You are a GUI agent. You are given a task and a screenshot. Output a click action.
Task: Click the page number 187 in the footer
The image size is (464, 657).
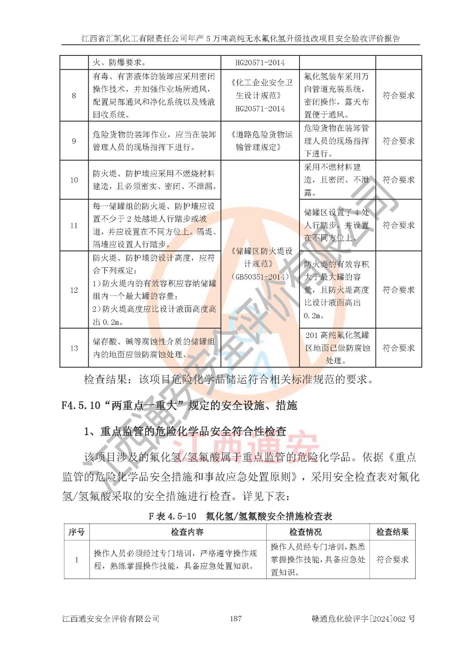point(235,618)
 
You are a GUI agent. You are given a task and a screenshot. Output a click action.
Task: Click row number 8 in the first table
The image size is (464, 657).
point(74,96)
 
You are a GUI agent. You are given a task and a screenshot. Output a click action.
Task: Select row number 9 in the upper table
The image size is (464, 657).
point(74,141)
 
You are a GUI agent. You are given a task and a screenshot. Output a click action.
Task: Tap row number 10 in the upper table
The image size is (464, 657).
point(74,180)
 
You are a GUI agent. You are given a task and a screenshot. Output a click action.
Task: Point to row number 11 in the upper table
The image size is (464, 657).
point(74,225)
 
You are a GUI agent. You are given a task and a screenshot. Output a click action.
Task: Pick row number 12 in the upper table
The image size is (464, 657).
point(74,290)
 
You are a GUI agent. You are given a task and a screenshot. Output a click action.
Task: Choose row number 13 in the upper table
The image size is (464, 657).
point(74,348)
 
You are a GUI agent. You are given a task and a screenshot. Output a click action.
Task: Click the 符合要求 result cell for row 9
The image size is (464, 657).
point(398,141)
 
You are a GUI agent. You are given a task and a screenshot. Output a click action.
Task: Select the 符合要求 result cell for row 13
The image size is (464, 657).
point(398,348)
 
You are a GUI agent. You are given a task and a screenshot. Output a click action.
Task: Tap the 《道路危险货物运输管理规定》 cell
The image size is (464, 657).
point(260,141)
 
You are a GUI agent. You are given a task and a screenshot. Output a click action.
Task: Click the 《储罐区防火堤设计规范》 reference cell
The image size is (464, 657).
point(260,264)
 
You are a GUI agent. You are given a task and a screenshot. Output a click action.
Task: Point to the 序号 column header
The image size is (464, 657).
point(76,532)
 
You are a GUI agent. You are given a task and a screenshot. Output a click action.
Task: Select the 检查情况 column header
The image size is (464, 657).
point(305,532)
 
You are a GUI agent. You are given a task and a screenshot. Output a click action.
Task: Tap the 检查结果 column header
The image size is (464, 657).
point(392,532)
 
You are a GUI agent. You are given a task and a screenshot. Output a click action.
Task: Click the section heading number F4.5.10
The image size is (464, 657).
point(81,406)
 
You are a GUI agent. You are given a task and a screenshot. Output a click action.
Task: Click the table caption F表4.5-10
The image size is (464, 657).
point(172,516)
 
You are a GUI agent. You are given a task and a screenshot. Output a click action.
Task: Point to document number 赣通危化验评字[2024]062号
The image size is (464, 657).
point(363,618)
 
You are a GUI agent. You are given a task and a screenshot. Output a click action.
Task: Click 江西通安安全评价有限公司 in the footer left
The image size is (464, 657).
point(111,618)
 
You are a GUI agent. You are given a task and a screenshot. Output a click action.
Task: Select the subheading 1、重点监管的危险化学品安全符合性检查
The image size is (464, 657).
point(185,431)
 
